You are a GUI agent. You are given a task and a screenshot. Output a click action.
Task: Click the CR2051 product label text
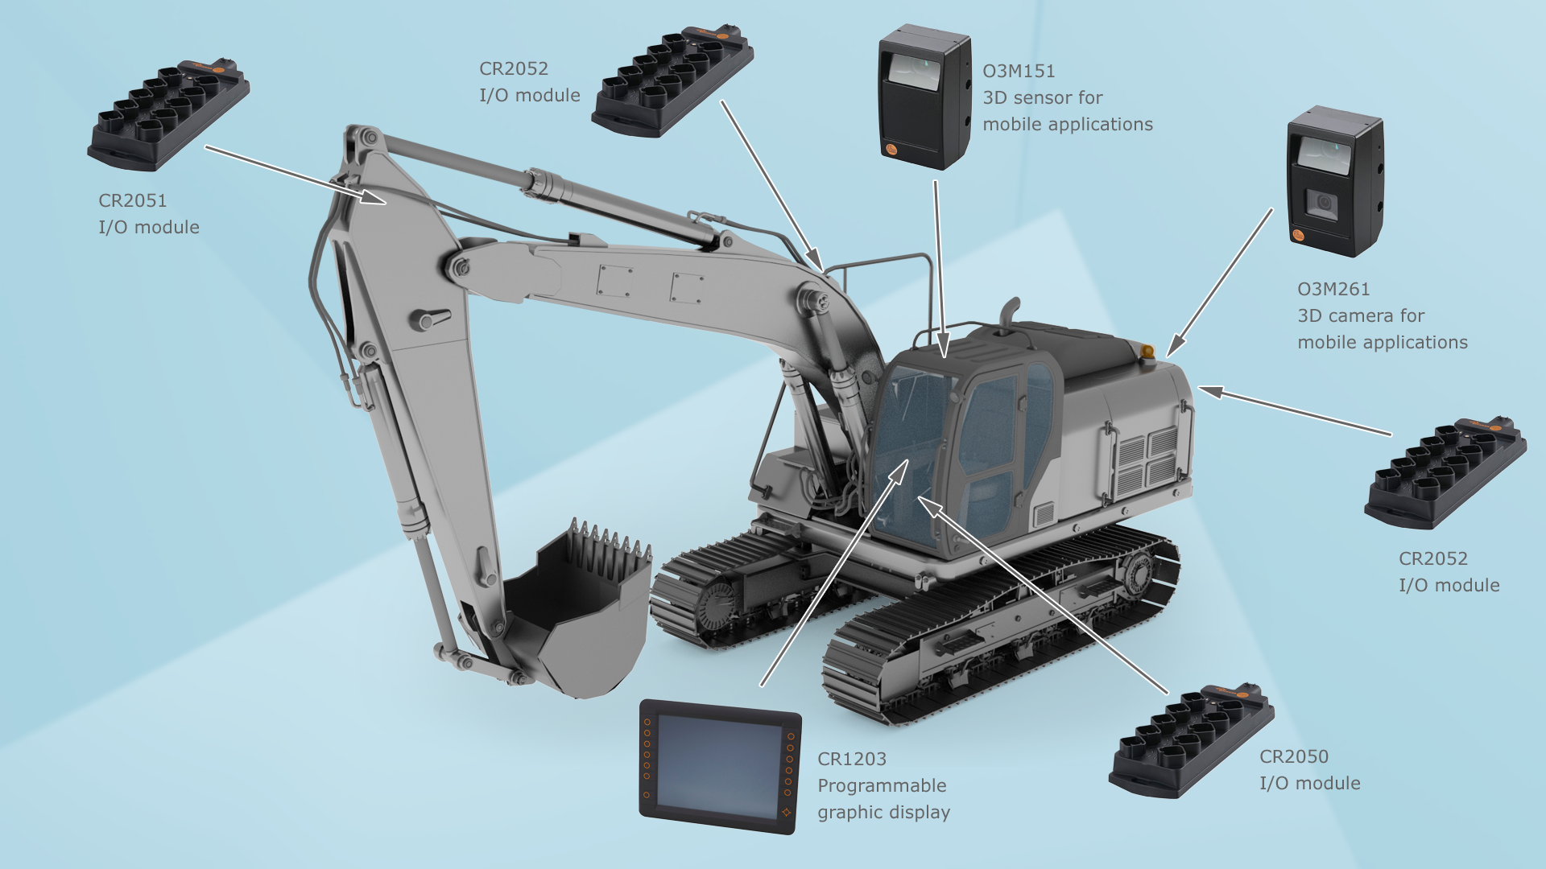132,200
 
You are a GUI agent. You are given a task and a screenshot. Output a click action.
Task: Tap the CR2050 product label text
1294,756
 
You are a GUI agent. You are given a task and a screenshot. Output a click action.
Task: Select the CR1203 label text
852,759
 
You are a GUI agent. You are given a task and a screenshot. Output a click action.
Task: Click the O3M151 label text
1019,71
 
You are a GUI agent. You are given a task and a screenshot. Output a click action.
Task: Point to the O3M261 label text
1333,289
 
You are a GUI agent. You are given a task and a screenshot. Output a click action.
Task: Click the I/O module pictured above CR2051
168,114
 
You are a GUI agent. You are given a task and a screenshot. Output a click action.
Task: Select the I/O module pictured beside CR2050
1191,741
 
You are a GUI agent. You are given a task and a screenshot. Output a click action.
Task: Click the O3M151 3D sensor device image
924,97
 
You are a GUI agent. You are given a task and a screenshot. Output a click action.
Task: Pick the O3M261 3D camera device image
1335,181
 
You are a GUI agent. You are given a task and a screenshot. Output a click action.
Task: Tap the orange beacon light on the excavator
1147,351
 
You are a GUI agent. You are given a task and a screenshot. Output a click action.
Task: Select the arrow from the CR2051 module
296,175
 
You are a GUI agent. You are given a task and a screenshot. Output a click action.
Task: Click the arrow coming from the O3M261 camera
1219,282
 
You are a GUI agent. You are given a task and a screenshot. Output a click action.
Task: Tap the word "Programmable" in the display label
882,785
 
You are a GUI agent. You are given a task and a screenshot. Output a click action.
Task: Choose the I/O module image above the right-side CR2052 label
1445,472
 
